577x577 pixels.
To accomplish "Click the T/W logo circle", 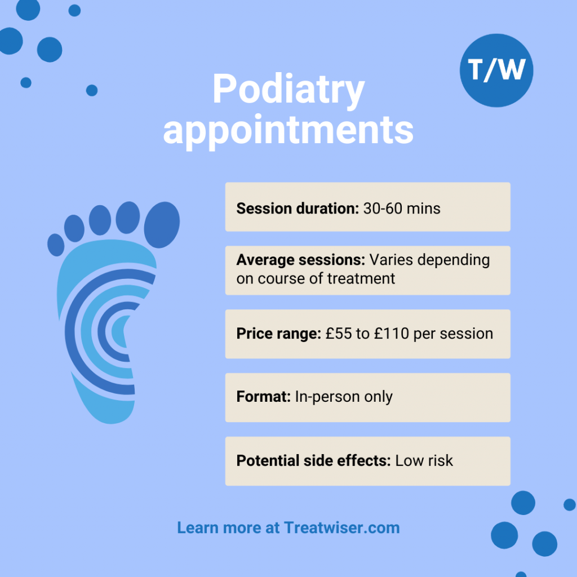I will [496, 71].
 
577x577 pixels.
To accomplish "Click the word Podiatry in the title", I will [288, 90].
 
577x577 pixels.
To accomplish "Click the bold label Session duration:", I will [298, 208].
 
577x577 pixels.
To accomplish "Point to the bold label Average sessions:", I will [301, 260].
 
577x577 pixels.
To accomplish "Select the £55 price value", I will [338, 334].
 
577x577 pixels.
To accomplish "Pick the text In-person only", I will [343, 397].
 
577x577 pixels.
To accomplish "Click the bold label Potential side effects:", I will [313, 460].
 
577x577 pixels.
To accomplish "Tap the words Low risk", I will [424, 460].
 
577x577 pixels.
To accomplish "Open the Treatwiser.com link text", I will [342, 528].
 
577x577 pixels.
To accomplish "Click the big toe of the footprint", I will [162, 224].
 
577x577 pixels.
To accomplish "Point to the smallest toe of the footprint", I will [55, 245].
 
